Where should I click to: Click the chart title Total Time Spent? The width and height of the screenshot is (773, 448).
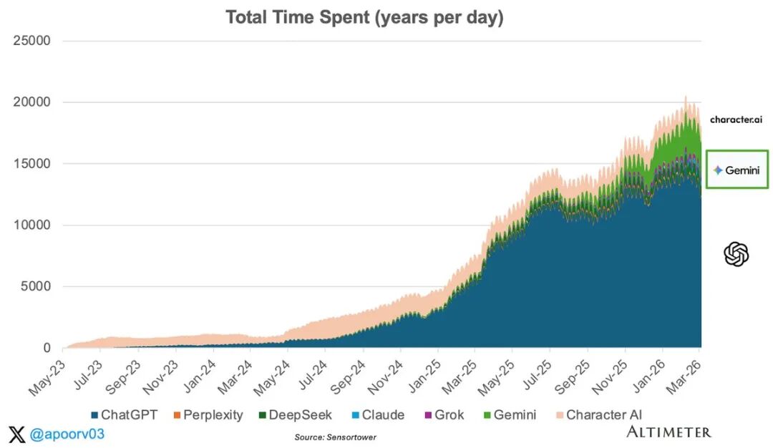pos(364,18)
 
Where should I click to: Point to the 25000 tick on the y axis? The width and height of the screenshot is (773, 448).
pos(31,41)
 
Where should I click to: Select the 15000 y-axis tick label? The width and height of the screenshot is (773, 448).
pos(31,164)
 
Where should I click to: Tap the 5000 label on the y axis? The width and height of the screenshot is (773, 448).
pos(35,287)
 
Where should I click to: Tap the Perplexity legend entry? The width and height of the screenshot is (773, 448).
pos(208,415)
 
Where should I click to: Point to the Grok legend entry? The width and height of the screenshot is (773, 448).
pos(444,415)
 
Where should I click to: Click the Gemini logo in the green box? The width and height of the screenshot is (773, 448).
pos(736,170)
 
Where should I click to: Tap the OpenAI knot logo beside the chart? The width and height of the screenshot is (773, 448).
pos(736,254)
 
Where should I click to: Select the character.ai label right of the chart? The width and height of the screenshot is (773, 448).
pos(736,120)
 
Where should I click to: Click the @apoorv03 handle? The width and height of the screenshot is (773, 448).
pos(66,433)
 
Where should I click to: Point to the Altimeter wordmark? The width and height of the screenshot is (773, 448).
pos(669,432)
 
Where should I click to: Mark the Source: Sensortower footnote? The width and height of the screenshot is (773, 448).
pos(335,437)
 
